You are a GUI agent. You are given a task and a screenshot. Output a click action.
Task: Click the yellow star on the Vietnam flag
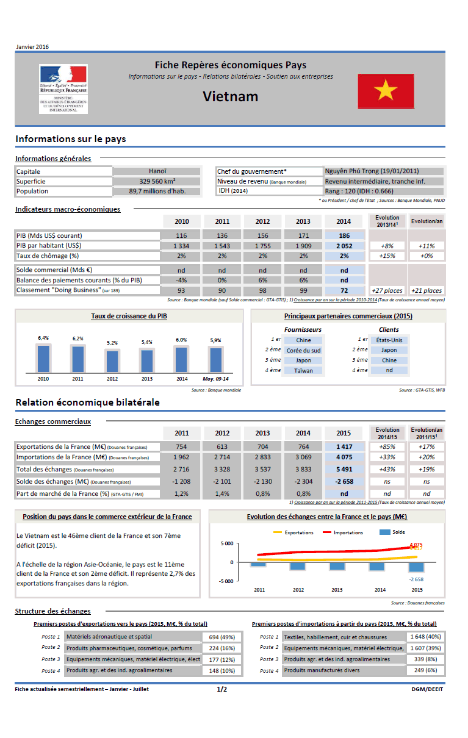point(386,92)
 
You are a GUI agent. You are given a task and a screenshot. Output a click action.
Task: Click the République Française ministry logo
point(63,88)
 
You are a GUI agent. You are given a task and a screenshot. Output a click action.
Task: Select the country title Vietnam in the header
point(231,96)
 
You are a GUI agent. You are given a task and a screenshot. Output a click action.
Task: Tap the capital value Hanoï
point(157,171)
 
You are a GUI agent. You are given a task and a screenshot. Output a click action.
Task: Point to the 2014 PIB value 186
point(344,235)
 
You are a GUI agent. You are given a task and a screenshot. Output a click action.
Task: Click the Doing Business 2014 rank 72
point(344,290)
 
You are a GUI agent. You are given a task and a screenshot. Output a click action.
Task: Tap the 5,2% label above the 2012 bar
point(112,343)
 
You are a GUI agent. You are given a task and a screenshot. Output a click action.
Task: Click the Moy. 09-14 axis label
point(216,379)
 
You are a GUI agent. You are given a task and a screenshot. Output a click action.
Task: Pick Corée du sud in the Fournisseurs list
point(303,351)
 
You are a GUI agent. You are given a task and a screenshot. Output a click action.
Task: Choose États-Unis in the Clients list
point(389,340)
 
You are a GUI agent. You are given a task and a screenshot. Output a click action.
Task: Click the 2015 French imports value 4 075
point(344,457)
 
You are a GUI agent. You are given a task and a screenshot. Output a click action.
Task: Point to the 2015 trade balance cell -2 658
point(344,481)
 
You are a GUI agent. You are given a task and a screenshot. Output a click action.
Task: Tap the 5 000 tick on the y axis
point(226,543)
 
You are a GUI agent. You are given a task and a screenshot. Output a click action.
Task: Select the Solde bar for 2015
point(417,567)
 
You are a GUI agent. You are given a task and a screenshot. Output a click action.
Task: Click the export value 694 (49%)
point(221,637)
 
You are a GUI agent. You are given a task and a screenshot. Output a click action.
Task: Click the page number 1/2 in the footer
point(221,689)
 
